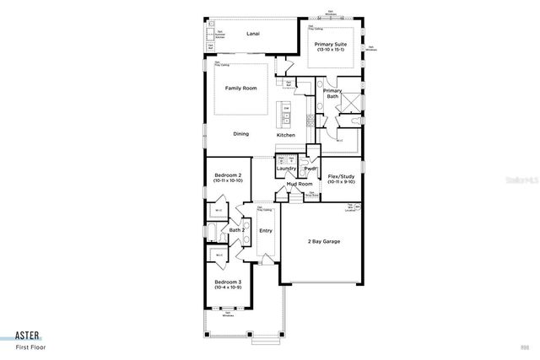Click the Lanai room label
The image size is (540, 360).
252,35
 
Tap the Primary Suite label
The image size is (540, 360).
332,44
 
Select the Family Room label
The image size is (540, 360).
240,89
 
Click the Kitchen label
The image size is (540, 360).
286,135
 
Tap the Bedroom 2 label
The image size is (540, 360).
227,175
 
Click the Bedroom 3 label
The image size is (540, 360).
227,282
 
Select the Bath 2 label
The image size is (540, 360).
237,229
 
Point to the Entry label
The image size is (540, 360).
266,230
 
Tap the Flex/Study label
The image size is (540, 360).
342,175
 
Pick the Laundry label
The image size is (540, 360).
287,169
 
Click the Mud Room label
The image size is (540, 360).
299,183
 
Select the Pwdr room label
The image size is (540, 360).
310,169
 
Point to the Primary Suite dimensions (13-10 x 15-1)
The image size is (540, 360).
332,51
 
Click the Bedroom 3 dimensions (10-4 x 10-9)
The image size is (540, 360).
227,287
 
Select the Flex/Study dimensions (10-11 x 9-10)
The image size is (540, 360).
342,181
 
